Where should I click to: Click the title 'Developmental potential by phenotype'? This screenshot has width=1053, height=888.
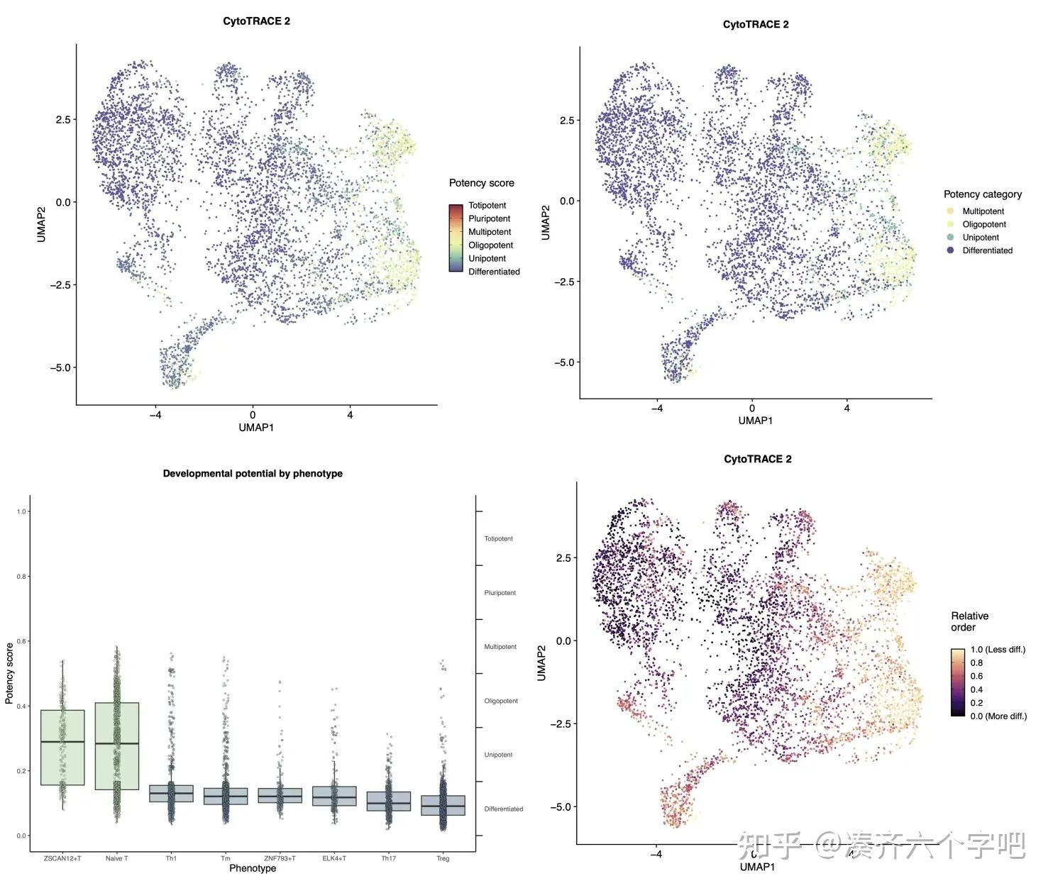tap(253, 474)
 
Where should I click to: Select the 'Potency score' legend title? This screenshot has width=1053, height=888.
tap(481, 183)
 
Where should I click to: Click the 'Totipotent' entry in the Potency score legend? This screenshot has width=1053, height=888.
tap(487, 206)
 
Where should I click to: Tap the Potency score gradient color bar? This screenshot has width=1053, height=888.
tap(456, 238)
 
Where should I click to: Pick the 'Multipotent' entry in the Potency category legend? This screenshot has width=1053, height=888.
tap(983, 211)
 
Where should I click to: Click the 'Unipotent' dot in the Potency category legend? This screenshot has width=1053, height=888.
tap(950, 238)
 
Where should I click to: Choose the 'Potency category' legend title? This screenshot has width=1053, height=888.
tap(982, 194)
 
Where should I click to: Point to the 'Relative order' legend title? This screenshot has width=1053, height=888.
tap(969, 621)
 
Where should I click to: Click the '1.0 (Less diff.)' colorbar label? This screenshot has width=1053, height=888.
tap(998, 650)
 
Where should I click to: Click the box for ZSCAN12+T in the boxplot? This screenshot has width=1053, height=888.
tap(62, 748)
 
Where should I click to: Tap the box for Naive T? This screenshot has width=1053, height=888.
tap(117, 745)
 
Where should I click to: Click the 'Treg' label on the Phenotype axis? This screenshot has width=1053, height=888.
tap(443, 859)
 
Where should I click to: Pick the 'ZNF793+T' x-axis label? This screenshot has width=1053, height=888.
tap(280, 859)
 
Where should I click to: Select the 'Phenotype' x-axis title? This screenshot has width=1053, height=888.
tap(253, 869)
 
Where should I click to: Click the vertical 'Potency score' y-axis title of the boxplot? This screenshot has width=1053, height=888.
tap(9, 673)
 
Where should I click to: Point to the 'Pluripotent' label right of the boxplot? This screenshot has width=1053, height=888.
tap(500, 593)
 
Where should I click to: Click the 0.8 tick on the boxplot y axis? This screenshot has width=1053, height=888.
tap(21, 577)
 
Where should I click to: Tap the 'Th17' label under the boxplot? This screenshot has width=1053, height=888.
tap(388, 859)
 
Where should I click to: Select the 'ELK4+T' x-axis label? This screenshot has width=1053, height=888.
tap(334, 859)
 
